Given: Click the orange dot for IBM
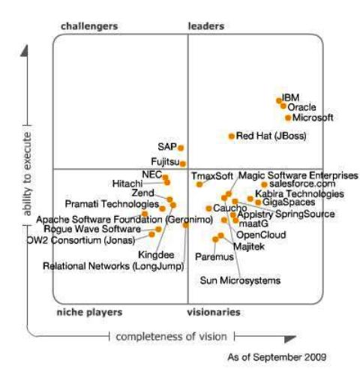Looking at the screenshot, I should (x=278, y=99).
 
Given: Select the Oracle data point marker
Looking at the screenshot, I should (x=283, y=106).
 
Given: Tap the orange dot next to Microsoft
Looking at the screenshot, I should (x=288, y=118).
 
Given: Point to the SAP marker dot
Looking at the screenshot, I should (x=181, y=148).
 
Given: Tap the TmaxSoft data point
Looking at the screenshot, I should (x=199, y=184).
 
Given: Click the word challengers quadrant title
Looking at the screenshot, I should (x=88, y=26).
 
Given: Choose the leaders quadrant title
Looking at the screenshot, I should (x=205, y=26).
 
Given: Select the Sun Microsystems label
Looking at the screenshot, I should (x=239, y=280).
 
